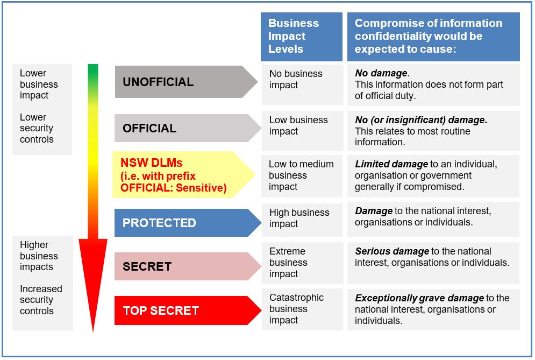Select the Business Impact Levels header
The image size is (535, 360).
pos(301,36)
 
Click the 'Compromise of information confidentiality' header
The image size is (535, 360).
pos(433,36)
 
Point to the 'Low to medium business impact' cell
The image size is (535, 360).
pos(302,175)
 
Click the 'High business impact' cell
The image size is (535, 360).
pos(302,218)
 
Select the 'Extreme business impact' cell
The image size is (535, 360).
pos(302,263)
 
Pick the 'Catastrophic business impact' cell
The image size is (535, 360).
pos(302,309)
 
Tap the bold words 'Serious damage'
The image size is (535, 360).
pos(392,251)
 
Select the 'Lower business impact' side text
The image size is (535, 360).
pos(39,84)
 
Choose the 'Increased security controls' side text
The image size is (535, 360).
pos(41,300)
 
